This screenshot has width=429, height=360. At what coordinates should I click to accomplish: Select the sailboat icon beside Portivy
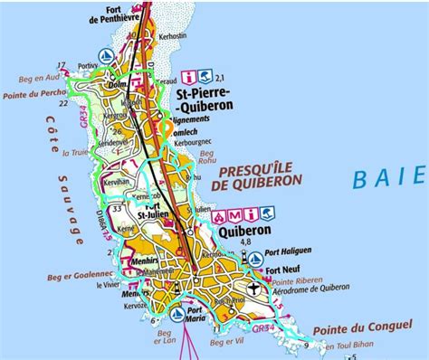pyautogui.click(x=109, y=54)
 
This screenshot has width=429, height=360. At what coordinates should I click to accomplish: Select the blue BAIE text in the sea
pyautogui.click(x=388, y=175)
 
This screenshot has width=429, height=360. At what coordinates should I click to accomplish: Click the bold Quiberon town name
pyautogui.click(x=244, y=232)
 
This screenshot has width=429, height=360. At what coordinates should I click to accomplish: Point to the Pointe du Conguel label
pyautogui.click(x=359, y=325)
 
